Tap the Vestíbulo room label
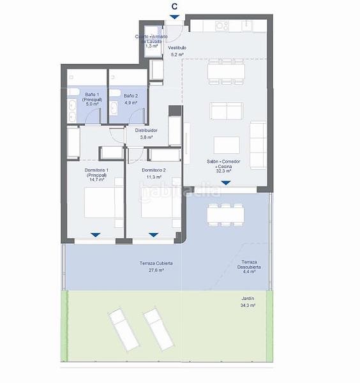pos(177,48)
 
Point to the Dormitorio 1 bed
pos(101,202)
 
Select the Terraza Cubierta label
pos(156,264)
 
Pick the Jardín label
pos(248,298)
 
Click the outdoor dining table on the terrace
pos(225,214)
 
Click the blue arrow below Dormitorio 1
pos(95,236)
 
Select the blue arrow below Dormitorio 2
pos(153,236)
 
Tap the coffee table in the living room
pos(226,145)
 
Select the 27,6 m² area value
pos(156,271)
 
